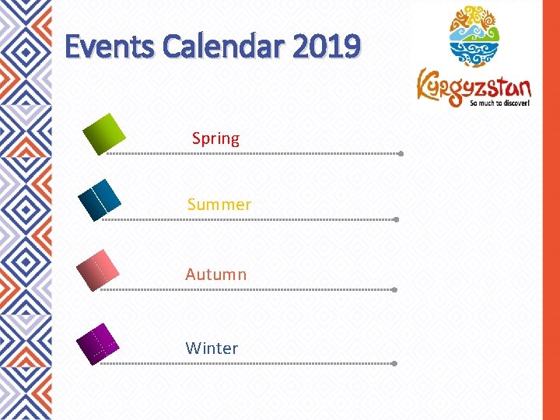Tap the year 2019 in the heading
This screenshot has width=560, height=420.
click(327, 47)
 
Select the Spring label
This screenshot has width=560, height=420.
click(215, 138)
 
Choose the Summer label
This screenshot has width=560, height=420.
click(219, 205)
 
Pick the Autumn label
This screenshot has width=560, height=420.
click(215, 275)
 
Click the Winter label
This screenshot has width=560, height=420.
click(212, 348)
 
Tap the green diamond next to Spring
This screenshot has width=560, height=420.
click(104, 134)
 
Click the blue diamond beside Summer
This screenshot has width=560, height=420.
click(100, 200)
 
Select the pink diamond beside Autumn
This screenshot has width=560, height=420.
click(98, 270)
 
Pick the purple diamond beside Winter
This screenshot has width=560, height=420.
click(98, 344)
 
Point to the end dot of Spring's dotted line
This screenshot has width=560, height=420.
click(400, 154)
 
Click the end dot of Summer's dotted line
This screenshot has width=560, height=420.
click(396, 220)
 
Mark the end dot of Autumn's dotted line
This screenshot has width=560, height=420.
click(394, 290)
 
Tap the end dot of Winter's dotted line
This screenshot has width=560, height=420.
click(394, 363)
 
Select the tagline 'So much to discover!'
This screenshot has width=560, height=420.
click(499, 102)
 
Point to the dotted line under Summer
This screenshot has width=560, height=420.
click(249, 220)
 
